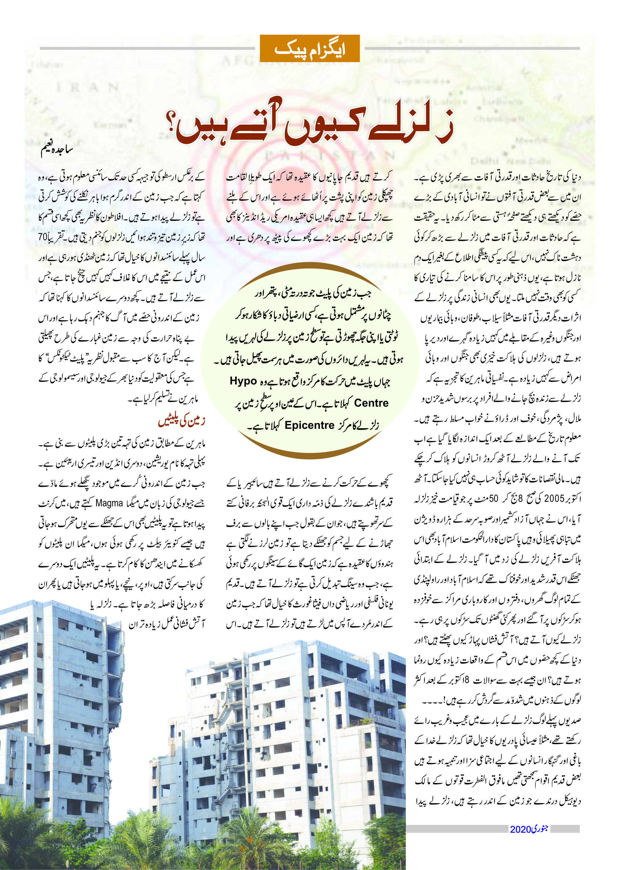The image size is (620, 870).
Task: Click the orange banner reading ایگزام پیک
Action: pyautogui.click(x=310, y=49)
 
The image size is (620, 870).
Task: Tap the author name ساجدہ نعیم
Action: pyautogui.click(x=57, y=150)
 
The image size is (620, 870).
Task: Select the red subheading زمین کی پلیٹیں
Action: pyautogui.click(x=182, y=421)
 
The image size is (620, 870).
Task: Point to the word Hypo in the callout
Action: pyautogui.click(x=243, y=381)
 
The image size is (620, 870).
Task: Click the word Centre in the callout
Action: pyautogui.click(x=371, y=403)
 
